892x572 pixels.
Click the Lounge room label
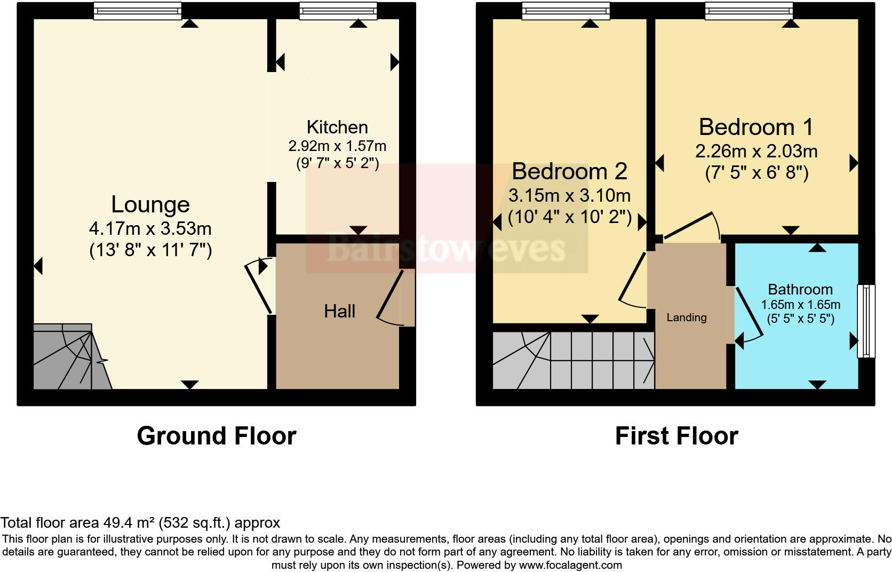(x=150, y=205)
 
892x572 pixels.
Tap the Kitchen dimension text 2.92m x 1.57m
(x=337, y=146)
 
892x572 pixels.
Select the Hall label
(x=339, y=312)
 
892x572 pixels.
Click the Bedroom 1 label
(x=756, y=128)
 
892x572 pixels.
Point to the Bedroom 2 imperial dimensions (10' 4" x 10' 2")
(x=569, y=217)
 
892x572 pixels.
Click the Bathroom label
(x=800, y=290)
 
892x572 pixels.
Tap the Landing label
(x=687, y=317)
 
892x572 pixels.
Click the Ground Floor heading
(x=216, y=436)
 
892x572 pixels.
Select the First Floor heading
(x=676, y=436)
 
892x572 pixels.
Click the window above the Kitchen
(x=338, y=11)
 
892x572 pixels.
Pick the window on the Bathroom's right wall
(x=865, y=321)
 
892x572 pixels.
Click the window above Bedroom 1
(x=748, y=11)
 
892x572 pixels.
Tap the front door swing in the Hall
(x=392, y=299)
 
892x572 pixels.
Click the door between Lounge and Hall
(x=260, y=285)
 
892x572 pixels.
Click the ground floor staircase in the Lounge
(x=69, y=357)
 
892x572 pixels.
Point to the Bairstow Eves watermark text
(x=445, y=249)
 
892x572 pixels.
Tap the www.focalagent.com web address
(x=570, y=565)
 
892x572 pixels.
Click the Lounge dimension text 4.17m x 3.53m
(x=150, y=229)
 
